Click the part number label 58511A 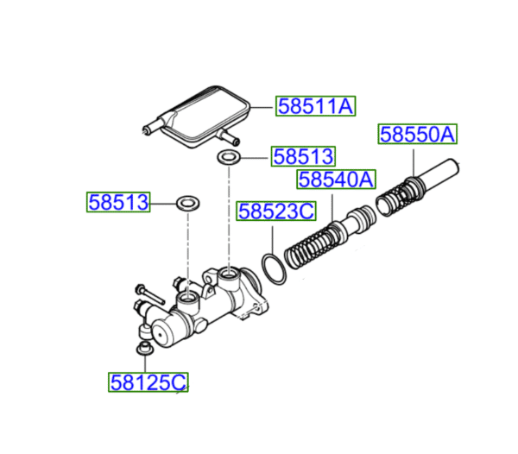coord(315,106)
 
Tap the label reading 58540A coord(336,180)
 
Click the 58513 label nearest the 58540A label coord(302,156)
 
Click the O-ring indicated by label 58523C coord(274,268)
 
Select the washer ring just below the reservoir coord(229,157)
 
